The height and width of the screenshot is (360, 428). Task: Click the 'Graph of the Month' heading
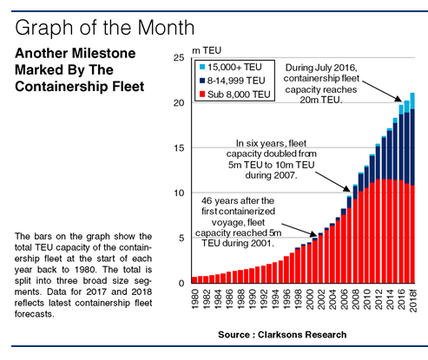coord(104,28)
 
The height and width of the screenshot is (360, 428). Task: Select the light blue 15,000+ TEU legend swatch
coord(202,67)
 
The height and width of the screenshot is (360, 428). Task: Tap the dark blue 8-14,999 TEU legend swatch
coord(202,81)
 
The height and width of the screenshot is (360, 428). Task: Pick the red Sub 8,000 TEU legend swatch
coord(202,95)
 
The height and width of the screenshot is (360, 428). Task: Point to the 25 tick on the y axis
coord(179,58)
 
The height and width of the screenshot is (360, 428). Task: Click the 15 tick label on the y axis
coord(179,147)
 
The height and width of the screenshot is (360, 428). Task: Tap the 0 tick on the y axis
coord(181,283)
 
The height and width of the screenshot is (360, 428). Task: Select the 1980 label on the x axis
coord(195,299)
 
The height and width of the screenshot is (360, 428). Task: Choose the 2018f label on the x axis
coord(412,301)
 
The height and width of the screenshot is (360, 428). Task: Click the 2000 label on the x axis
coord(310,299)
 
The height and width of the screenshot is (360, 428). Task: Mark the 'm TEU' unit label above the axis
coord(207,50)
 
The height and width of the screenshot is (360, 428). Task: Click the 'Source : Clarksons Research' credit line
coord(282,335)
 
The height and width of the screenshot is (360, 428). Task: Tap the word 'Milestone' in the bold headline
coord(104,53)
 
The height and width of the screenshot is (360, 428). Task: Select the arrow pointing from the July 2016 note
coord(382,91)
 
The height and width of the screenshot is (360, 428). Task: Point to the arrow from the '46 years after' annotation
coord(300,230)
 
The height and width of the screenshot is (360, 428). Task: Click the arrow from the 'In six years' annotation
coord(333,182)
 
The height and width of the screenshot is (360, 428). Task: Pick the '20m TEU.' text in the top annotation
coord(321,100)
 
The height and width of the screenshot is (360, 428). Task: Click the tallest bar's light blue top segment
coord(412,101)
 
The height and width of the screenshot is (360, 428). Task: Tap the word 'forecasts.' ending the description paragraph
coord(35,314)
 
